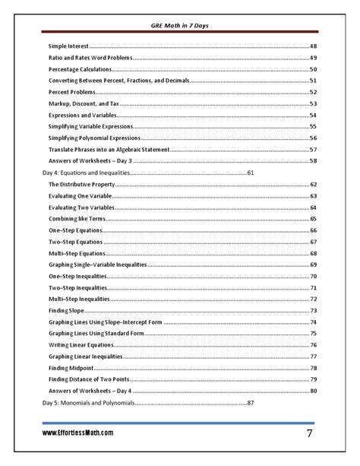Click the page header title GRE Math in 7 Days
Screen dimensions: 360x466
pyautogui.click(x=180, y=27)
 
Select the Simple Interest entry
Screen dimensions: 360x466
pyautogui.click(x=68, y=46)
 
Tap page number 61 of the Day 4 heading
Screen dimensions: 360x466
pyautogui.click(x=250, y=173)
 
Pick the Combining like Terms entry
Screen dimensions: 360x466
pyautogui.click(x=77, y=219)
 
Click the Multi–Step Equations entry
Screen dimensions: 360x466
pyautogui.click(x=76, y=253)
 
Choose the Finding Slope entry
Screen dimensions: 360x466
pyautogui.click(x=66, y=310)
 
